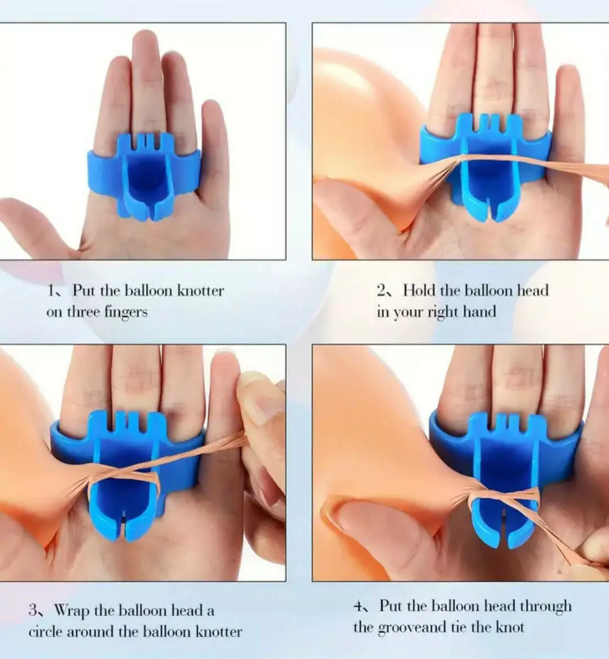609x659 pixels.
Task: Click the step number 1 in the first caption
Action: [x=51, y=290]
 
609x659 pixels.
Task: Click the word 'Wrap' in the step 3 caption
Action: [x=72, y=610]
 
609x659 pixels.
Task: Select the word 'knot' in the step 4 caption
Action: [x=510, y=627]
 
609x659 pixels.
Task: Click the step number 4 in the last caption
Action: [x=358, y=606]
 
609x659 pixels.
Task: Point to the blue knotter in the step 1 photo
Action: [x=144, y=176]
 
